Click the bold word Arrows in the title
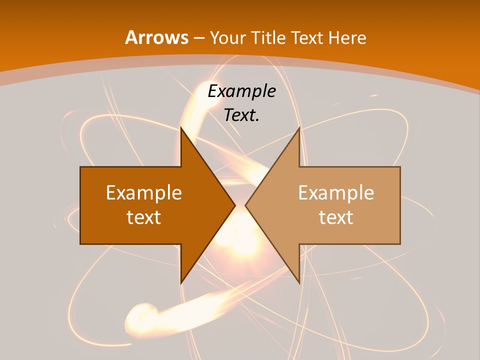coord(156,37)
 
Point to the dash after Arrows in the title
coord(198,38)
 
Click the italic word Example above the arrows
coord(241,91)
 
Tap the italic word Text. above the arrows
coord(241,115)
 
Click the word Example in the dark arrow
coord(144,193)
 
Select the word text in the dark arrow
coord(144,217)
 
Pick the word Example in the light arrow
coord(336,193)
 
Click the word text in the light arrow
coord(336,217)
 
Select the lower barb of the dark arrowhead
coord(182,280)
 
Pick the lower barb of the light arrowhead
coord(298,280)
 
